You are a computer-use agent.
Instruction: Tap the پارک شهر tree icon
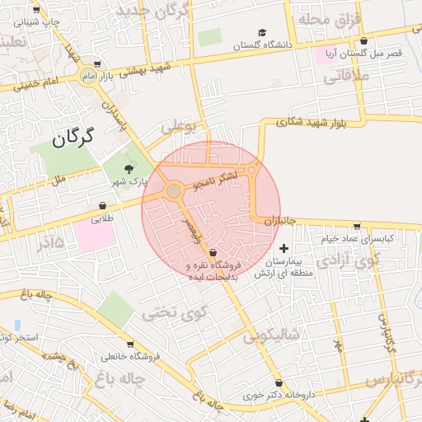[126, 168]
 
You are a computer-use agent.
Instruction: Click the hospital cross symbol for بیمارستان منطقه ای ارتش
[284, 248]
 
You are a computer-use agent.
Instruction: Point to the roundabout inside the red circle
[174, 191]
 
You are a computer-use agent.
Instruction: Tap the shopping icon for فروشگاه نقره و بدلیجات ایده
[213, 253]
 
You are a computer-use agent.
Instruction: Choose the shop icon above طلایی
[102, 206]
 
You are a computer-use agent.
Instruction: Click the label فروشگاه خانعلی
[129, 357]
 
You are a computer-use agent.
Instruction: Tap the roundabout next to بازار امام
[87, 77]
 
